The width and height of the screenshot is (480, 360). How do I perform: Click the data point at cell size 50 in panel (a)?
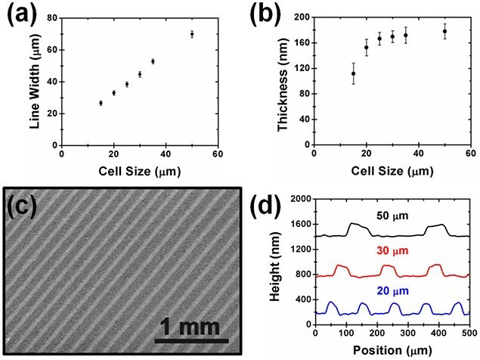point(192,34)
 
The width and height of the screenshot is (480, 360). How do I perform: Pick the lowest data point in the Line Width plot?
point(101,103)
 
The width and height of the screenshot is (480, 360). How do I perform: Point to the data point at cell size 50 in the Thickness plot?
point(445,31)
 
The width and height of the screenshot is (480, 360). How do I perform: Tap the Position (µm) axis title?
point(392,350)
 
